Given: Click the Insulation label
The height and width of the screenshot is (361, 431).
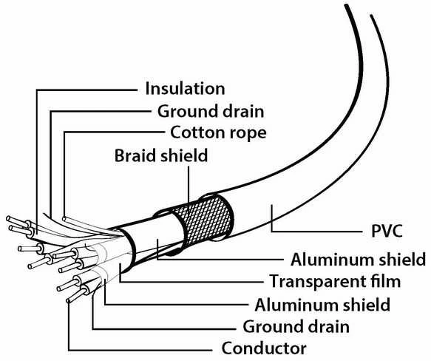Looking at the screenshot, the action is click(185, 89).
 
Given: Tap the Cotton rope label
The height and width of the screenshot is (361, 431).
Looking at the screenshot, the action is click(218, 133).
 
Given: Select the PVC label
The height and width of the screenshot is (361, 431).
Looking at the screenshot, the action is click(387, 231).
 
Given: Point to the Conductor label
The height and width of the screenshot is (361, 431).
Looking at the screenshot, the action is click(264, 348).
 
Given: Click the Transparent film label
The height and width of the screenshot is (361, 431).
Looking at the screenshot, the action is click(335, 282).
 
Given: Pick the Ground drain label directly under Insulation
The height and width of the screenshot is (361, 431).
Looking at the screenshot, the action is click(211, 112).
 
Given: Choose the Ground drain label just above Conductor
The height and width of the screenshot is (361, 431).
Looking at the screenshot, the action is click(296, 327).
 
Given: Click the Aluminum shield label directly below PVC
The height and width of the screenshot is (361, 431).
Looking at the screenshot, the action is click(358, 260).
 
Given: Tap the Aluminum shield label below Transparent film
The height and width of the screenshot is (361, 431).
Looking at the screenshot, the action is click(322, 305).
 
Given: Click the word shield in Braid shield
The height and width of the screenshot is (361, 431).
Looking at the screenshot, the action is click(184, 155).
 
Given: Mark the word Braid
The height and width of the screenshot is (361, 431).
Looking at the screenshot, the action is click(135, 155).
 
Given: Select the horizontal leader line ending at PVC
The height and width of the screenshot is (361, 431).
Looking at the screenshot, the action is click(317, 232).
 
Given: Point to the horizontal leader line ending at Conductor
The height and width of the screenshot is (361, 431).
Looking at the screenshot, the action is click(140, 350).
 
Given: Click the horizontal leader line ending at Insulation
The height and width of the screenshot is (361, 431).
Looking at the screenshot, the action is click(86, 90).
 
